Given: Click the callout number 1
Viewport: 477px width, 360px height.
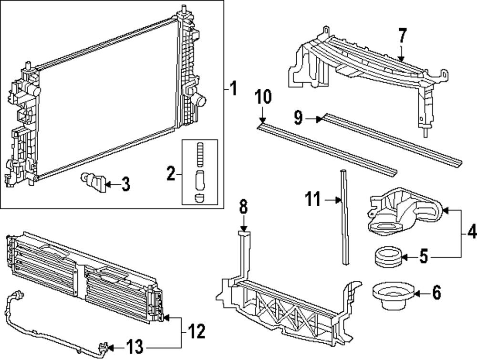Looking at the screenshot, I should (x=232, y=88).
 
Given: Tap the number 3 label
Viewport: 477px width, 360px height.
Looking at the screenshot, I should (x=125, y=184).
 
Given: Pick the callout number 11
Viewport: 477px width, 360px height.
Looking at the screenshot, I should (x=313, y=200).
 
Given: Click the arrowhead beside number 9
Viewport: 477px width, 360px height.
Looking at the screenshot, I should (x=319, y=119).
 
